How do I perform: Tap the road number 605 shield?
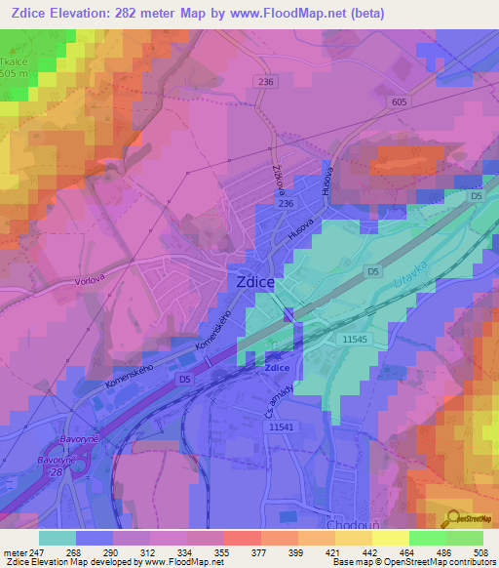[x=400, y=101]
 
